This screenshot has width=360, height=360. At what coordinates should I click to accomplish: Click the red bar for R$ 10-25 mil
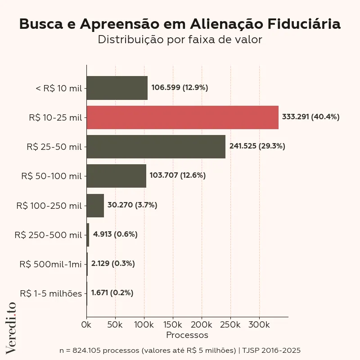coord(182,117)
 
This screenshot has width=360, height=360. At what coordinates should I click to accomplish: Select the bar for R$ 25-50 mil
coord(156,147)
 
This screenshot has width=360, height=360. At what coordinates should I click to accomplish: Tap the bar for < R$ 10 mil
coord(117,88)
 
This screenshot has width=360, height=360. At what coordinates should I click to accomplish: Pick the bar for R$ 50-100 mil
coord(116,176)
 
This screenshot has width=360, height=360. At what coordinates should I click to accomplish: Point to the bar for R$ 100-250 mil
coord(95,205)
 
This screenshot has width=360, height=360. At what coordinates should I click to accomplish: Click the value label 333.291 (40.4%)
coord(310,117)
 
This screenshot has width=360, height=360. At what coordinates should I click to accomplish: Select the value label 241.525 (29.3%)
coord(257,146)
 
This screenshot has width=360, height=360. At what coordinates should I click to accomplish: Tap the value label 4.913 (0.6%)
coord(115,234)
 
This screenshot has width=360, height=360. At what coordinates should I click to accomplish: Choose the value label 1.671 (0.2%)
coord(112,293)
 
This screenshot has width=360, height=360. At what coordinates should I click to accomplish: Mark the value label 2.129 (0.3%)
coord(113,264)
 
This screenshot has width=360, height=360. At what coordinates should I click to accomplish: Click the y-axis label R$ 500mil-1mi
coord(50,264)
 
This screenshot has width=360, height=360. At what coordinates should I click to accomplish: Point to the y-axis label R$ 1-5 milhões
coord(51,293)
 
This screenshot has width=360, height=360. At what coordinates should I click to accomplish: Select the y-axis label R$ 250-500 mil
coord(48,235)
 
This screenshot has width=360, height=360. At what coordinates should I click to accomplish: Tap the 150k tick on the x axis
coord(173,324)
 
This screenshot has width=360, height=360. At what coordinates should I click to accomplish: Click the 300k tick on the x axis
coord(259,324)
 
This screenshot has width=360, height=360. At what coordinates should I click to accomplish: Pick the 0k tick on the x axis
coord(86,324)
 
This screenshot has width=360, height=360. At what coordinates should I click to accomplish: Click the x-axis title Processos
coord(187,335)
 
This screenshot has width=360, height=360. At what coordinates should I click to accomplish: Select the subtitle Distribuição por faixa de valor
coord(180,40)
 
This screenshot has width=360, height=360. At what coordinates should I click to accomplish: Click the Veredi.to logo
coord(11,327)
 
